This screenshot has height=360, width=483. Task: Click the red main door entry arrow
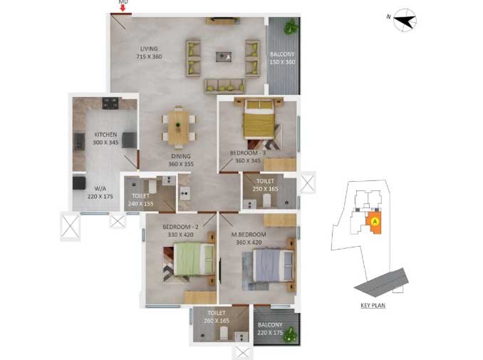click(x=123, y=8)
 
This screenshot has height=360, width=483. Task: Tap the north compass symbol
click(x=405, y=21)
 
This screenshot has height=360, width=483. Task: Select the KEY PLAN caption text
click(x=373, y=305)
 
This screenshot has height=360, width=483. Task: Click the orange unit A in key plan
click(x=373, y=222)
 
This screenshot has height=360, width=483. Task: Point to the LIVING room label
click(x=149, y=48)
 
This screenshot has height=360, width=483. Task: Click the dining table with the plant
click(x=179, y=126)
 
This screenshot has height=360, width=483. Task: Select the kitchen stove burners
click(x=110, y=103)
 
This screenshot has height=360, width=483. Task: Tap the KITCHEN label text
click(x=105, y=135)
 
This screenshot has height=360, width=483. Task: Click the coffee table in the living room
click(x=224, y=57)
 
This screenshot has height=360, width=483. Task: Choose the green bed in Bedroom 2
click(x=194, y=259)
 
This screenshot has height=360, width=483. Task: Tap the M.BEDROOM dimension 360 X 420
click(x=249, y=242)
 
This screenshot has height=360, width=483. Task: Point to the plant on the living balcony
click(x=291, y=26)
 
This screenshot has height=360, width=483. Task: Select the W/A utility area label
click(x=100, y=189)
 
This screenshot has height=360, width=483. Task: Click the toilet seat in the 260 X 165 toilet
click(x=224, y=333)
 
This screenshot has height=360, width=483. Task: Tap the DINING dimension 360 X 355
click(x=181, y=164)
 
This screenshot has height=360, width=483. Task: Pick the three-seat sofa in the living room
click(x=225, y=86)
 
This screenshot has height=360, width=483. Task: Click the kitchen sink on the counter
click(x=80, y=141)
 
